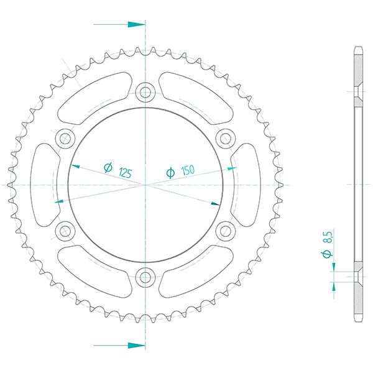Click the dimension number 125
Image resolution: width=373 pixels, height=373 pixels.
click(x=125, y=172)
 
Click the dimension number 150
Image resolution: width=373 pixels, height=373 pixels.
click(x=188, y=170)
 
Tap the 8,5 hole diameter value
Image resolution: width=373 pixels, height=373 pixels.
click(x=328, y=237)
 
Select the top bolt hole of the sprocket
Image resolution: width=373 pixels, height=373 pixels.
click(x=145, y=92)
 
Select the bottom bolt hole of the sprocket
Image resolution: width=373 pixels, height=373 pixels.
click(x=145, y=277)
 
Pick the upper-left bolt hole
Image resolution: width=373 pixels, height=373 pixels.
click(x=65, y=139)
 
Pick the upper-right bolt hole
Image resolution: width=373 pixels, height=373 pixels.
click(x=226, y=139)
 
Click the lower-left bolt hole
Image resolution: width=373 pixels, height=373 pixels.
click(x=65, y=231)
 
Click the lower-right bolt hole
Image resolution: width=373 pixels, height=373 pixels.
click(x=226, y=231)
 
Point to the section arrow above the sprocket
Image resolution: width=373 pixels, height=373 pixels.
click(x=119, y=24)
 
